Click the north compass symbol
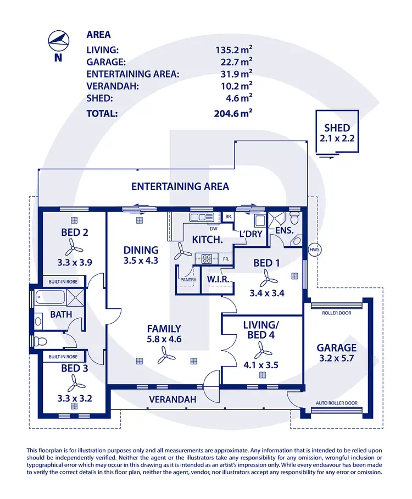(58, 40)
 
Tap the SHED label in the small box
(337, 128)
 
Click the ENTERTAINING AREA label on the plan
(180, 186)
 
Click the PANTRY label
(188, 279)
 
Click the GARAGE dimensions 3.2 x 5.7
(337, 359)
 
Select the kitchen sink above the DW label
(197, 218)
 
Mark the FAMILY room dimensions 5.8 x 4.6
(164, 340)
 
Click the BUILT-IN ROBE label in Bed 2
(63, 280)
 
